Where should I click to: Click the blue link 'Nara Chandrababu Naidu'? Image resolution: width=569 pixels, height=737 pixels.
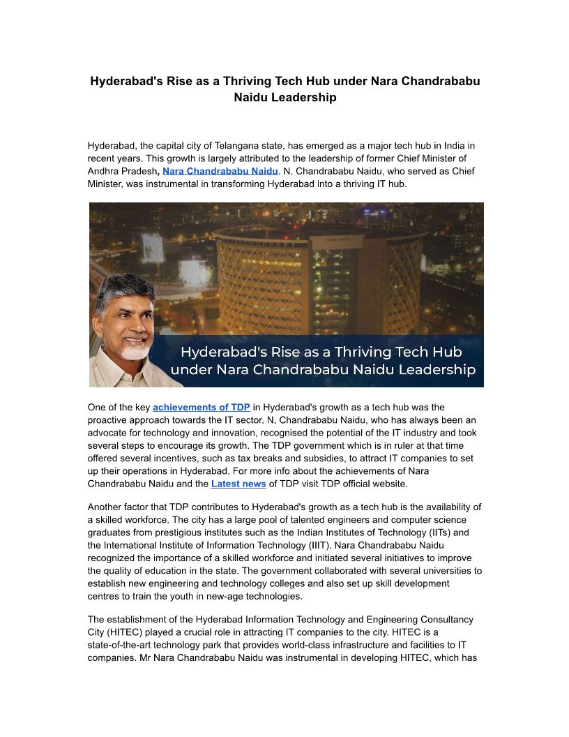(220, 171)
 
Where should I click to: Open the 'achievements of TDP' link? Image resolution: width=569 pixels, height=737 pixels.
(202, 407)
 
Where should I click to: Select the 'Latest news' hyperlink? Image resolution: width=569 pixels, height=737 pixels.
(238, 484)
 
